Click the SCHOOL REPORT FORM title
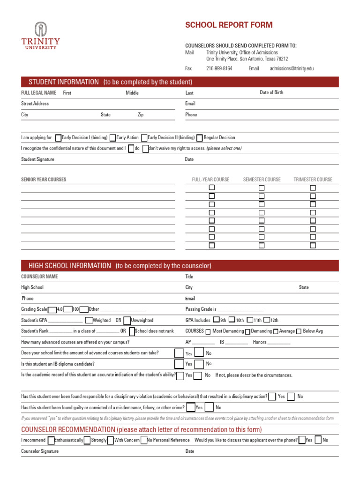click(x=229, y=25)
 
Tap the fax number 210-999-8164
click(x=219, y=68)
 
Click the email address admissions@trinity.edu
click(x=292, y=68)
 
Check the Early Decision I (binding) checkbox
click(x=58, y=138)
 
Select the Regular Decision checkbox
click(x=200, y=138)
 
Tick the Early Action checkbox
click(x=112, y=138)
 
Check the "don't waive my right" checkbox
click(x=145, y=149)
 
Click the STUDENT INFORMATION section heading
click(x=64, y=82)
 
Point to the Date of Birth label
click(x=271, y=92)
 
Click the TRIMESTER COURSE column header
click(x=313, y=180)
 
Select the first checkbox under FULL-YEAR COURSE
click(x=212, y=187)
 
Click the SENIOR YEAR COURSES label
click(x=44, y=180)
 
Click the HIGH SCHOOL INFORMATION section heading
click(x=70, y=266)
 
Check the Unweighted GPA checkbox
click(x=127, y=321)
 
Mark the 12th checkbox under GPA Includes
click(x=266, y=321)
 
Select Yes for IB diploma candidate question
click(x=179, y=364)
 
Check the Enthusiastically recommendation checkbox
click(x=51, y=440)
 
